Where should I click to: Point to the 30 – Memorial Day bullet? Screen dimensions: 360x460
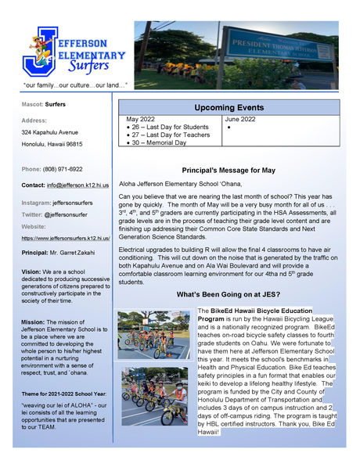tap(160, 142)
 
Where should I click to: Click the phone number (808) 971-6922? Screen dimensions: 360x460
tap(63, 169)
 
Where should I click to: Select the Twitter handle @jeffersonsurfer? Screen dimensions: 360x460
tap(71, 214)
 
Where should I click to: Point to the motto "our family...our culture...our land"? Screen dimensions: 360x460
tap(75, 84)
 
